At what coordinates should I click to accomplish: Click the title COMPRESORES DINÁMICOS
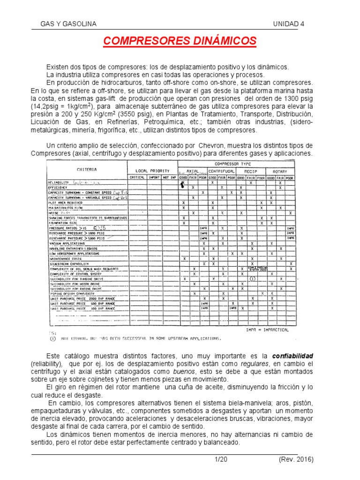coord(180,41)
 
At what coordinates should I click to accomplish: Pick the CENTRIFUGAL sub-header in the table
coord(222,171)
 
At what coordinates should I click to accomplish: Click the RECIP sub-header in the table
coord(251,171)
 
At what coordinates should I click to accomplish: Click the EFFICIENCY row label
coord(59,187)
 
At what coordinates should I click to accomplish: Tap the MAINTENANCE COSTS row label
coord(65,258)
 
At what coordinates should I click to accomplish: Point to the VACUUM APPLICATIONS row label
coord(67,243)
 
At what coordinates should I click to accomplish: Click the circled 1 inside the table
coord(252,279)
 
